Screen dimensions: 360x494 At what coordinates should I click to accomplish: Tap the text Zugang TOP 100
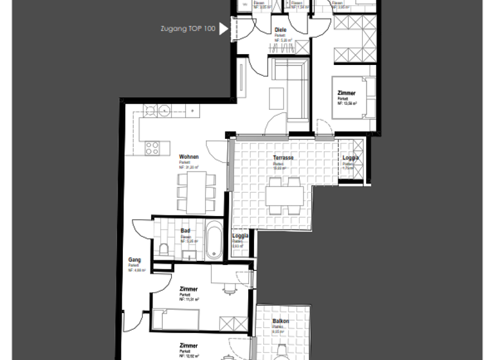[188, 29]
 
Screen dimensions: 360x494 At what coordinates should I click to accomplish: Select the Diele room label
[280, 30]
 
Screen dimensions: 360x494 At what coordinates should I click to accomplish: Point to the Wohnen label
[188, 157]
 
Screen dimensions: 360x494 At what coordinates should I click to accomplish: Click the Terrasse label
[283, 157]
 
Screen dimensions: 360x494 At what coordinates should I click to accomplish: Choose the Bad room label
[185, 230]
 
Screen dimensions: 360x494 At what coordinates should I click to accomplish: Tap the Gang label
[134, 260]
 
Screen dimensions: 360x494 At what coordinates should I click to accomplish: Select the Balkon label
[280, 321]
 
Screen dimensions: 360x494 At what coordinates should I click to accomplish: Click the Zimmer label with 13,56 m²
[346, 93]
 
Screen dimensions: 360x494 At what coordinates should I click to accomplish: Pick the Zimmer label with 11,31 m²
[188, 290]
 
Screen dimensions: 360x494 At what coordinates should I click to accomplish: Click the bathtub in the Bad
[213, 240]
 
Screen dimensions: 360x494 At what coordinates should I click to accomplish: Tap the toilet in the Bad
[165, 250]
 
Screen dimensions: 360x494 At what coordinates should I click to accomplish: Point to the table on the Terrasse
[284, 195]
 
